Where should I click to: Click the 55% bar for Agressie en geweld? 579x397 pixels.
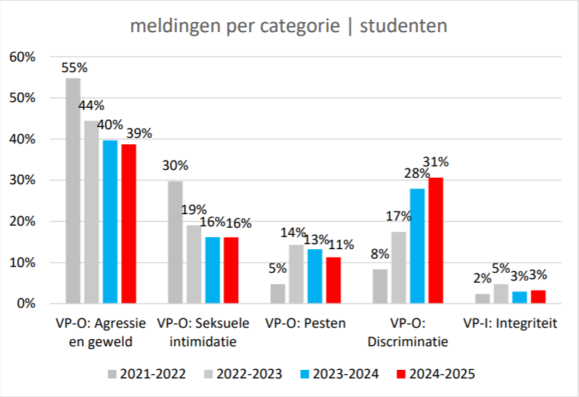73,191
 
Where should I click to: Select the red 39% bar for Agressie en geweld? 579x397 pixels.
129,224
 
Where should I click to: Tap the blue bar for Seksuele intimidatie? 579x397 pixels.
212,270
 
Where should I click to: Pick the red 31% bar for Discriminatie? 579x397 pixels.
436,241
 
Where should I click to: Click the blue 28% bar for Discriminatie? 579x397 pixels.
417,246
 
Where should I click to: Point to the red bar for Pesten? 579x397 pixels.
334,281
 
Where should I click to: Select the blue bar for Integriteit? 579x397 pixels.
520,298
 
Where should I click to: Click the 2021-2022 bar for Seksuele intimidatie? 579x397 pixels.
175,243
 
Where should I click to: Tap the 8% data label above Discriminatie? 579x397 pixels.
380,254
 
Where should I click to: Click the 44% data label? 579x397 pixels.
91,106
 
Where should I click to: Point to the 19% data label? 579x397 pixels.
194,210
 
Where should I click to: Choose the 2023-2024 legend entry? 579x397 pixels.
339,373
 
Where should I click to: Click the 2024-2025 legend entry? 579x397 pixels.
436,373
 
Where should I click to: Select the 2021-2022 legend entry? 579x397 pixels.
147,373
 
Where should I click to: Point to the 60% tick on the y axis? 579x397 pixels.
23,57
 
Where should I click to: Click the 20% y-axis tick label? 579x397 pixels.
23,221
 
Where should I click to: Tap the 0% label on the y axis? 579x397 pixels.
26,303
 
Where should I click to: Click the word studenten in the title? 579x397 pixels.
404,26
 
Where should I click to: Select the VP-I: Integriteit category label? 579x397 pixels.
510,323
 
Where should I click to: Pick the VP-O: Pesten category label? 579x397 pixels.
305,323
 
